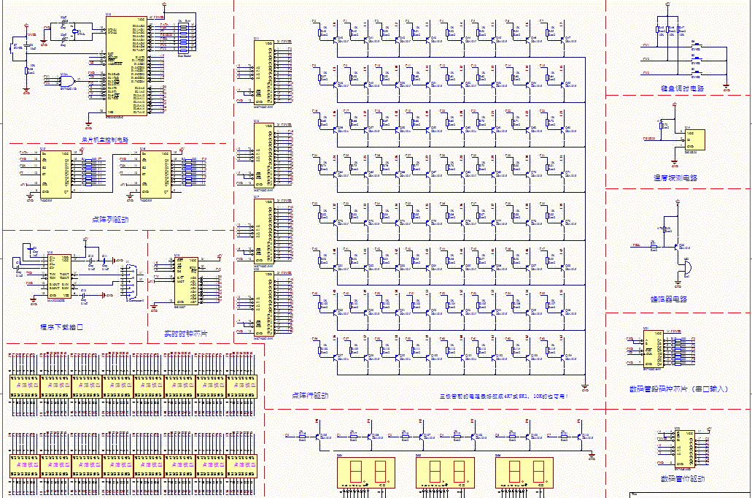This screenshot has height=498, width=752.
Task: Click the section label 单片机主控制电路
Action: pos(104,139)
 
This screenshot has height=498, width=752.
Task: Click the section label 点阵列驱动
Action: pos(110,218)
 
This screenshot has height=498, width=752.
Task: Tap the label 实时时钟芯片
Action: pos(186,333)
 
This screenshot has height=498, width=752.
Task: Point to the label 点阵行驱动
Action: pos(309,395)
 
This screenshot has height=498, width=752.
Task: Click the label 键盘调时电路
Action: pos(678,88)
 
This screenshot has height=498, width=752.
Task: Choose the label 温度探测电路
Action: pos(675,177)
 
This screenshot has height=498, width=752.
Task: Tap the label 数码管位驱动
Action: pos(682,478)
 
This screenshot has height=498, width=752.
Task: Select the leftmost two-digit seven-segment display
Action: pos(365,473)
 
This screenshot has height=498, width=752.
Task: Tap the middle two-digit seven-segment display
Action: pos(445,473)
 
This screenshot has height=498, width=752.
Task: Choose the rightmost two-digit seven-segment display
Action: pos(525,473)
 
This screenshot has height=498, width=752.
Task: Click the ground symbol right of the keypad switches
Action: pos(726,88)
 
